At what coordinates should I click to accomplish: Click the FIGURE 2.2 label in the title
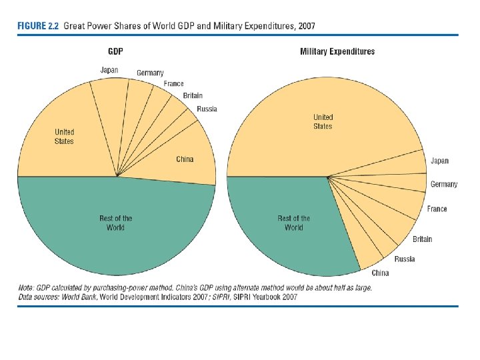coord(38,26)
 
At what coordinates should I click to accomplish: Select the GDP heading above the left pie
coord(116,51)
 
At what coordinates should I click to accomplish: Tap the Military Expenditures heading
coord(337,51)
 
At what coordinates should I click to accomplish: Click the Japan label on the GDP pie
coord(109,69)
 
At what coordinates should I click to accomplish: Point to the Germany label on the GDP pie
coord(150,73)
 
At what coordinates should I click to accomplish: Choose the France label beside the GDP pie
coord(173,84)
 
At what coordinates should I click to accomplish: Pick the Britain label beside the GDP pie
coord(193,96)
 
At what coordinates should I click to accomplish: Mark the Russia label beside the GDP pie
coord(207,109)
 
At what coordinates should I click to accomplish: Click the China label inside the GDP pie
coord(185,159)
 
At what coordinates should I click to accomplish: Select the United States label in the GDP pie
coord(65,137)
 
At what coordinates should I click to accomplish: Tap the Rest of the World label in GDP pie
coord(116,223)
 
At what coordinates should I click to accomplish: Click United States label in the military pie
coord(323,122)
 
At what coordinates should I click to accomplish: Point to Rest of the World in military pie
coord(293,223)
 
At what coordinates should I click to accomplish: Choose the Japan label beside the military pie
coord(439,161)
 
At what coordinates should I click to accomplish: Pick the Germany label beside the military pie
coord(444,185)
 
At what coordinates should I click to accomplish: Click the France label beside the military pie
coord(437,209)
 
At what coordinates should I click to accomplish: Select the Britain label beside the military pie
coord(422,239)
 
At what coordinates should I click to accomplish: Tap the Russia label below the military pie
coord(404,259)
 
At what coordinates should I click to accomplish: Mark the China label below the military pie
coord(380,273)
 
